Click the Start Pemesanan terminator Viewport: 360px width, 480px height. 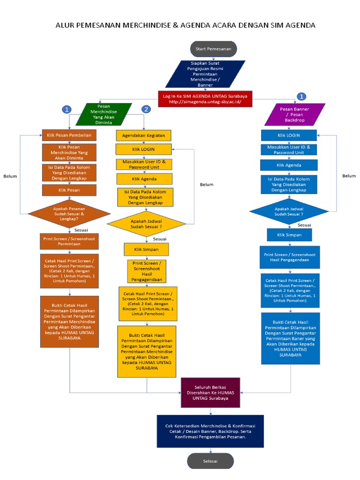pos(213,49)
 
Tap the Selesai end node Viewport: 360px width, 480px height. pos(210,461)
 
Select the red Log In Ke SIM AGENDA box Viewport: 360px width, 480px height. pos(205,99)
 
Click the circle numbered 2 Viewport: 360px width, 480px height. pos(146,109)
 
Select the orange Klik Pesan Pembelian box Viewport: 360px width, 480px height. pos(69,135)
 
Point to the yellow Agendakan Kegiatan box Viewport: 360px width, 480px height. pos(143,135)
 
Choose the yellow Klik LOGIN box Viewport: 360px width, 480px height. pos(143,150)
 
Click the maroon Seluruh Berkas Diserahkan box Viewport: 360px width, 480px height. pos(210,393)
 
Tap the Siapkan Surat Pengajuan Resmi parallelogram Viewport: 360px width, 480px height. pos(205,74)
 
